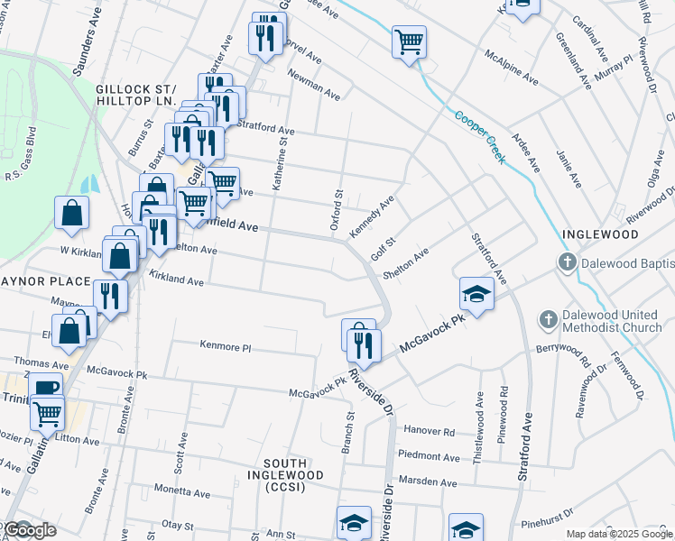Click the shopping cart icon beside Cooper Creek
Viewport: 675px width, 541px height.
(x=409, y=41)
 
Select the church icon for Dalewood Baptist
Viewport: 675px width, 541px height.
(x=568, y=263)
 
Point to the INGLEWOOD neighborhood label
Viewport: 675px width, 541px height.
(x=600, y=234)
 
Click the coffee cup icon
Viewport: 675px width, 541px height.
(x=45, y=389)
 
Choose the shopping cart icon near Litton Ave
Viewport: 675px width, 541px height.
(x=47, y=414)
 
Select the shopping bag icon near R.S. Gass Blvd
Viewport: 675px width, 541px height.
(x=72, y=214)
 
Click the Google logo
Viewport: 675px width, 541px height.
(x=29, y=530)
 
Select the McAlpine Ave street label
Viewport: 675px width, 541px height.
(x=512, y=68)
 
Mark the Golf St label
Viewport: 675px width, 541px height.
(x=384, y=245)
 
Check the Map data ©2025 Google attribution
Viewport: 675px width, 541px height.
(x=618, y=534)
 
